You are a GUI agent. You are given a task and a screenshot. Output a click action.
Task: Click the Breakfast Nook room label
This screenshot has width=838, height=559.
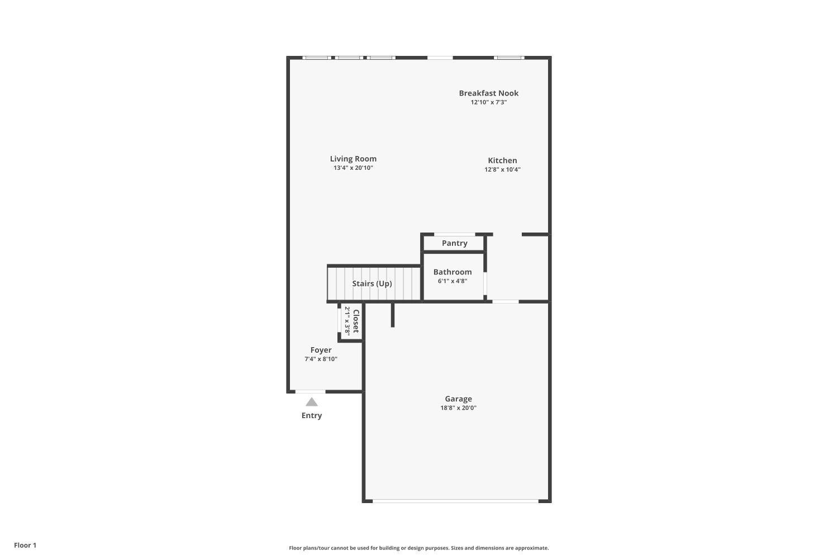point(489,93)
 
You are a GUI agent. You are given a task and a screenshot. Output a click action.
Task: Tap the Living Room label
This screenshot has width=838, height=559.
point(353,159)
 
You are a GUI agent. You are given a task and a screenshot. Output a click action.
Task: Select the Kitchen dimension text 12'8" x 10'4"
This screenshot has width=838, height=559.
point(502,169)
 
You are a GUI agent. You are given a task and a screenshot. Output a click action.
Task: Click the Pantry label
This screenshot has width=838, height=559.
point(455,243)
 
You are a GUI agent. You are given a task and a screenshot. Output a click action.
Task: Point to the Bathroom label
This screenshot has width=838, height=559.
point(453,272)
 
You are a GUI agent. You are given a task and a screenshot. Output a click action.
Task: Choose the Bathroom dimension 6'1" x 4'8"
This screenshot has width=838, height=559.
point(453,281)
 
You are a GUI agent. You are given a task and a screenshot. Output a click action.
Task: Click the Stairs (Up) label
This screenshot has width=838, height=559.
point(372,283)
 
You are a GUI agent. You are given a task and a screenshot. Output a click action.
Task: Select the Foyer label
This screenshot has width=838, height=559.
point(321,350)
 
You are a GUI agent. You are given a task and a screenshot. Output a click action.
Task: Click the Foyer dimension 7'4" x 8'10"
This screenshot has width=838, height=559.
point(321,359)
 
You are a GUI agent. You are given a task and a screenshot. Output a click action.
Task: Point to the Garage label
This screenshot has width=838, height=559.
point(458,399)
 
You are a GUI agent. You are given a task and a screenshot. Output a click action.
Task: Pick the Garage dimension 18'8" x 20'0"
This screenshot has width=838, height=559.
point(458,408)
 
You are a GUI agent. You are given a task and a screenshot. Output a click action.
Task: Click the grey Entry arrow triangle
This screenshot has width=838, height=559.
point(312,402)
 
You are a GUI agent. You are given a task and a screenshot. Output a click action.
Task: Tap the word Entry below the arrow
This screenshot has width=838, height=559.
point(312,415)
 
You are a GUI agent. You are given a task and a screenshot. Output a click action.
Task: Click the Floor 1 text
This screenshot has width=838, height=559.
point(25,545)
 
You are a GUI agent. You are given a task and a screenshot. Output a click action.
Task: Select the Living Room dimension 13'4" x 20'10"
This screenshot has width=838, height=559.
point(353,168)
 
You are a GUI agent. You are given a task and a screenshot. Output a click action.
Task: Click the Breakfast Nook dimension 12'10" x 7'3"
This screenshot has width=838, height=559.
point(489,102)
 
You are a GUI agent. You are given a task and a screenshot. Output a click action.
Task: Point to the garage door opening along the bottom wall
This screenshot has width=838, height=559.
point(455,501)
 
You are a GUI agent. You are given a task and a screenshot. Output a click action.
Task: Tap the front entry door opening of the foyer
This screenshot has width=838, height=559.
point(311,392)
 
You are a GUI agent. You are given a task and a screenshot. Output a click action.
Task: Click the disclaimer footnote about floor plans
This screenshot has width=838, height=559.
point(418,548)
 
